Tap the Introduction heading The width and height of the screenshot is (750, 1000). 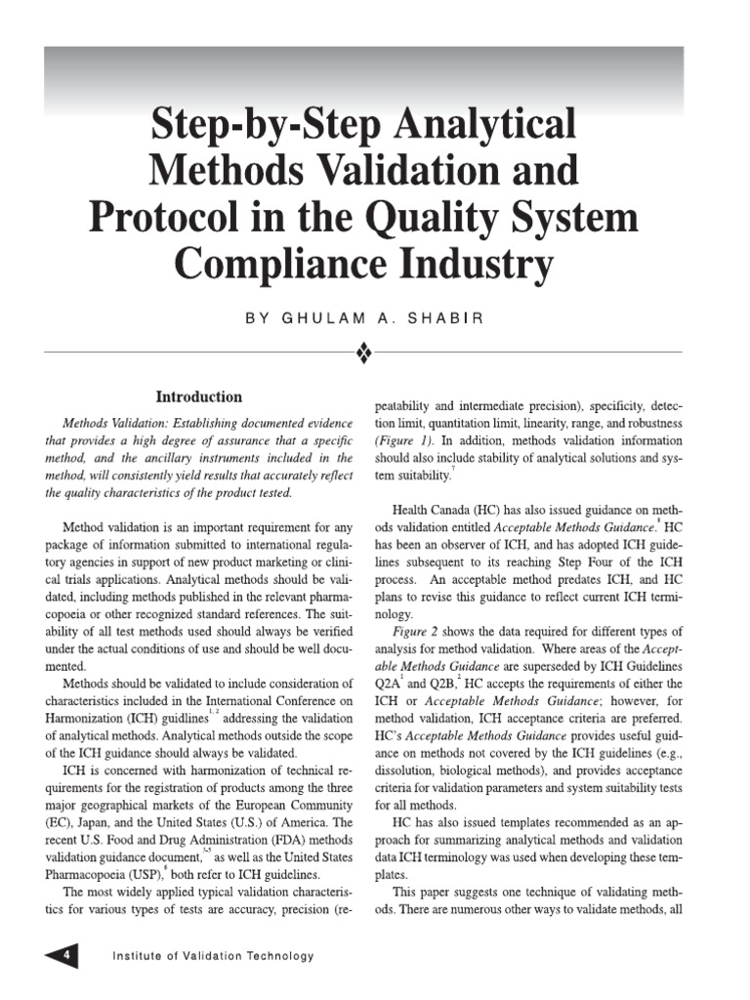pos(199,397)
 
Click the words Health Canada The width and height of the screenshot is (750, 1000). pos(433,509)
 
